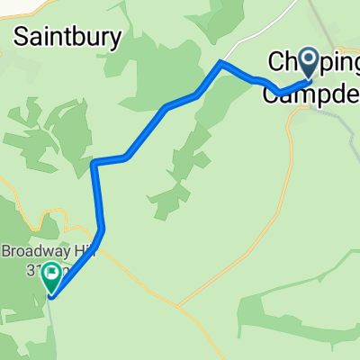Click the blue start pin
(310, 63)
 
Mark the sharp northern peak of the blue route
(221, 62)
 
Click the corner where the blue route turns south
(94, 163)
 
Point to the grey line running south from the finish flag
(51, 324)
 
